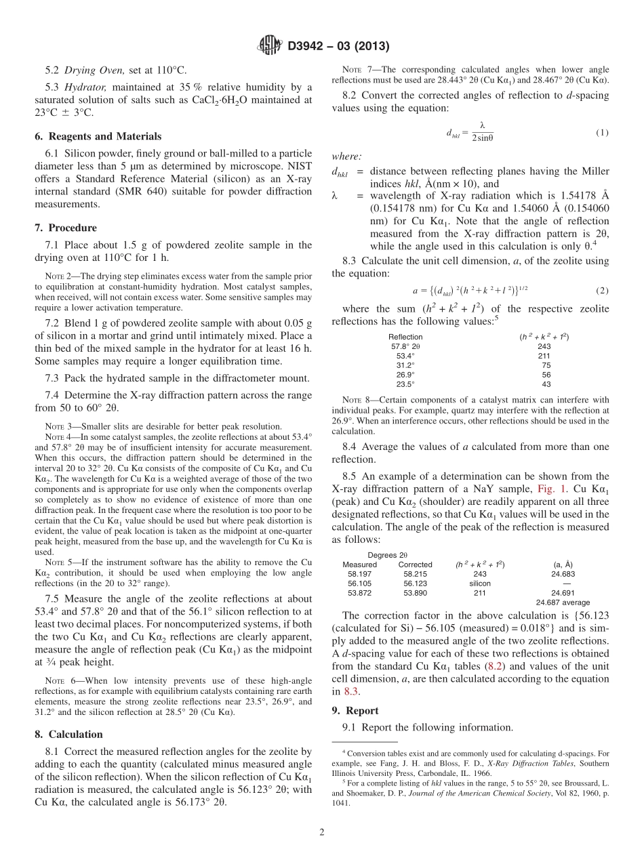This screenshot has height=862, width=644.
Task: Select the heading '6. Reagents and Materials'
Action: tap(98, 136)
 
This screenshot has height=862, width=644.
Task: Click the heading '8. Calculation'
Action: tap(68, 735)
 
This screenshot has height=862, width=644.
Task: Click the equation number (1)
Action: tap(602, 132)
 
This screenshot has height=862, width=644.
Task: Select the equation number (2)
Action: tap(602, 290)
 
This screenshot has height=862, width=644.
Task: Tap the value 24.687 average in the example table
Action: tap(563, 602)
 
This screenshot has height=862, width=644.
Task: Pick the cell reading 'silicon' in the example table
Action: tap(480, 583)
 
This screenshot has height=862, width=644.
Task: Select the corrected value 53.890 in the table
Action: tap(415, 593)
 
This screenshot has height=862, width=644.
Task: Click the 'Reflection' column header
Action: tap(405, 337)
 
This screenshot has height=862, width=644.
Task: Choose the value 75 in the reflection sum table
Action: tap(546, 365)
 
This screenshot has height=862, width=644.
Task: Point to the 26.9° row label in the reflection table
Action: tap(405, 375)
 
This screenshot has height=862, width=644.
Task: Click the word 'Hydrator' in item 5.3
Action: tap(85, 87)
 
